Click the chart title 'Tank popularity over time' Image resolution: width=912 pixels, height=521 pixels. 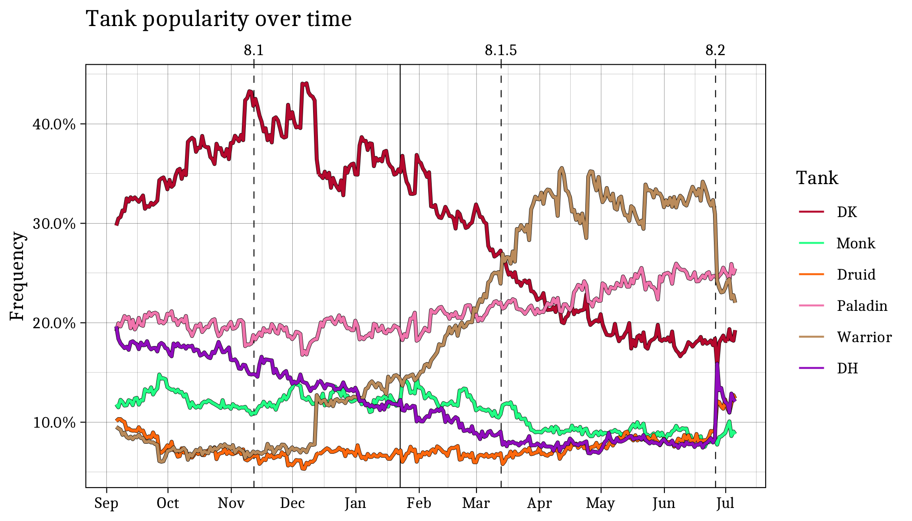(x=218, y=19)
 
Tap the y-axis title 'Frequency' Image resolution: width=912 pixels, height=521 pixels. (x=17, y=276)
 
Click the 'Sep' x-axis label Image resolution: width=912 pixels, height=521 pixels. (x=106, y=503)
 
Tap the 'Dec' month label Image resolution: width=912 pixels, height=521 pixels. (x=292, y=503)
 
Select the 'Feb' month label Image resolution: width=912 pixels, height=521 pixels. (x=419, y=503)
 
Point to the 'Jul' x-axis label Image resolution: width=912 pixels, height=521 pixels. (x=725, y=503)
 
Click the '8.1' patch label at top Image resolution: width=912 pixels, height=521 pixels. (x=254, y=51)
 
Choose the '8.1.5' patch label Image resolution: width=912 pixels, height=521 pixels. (x=501, y=51)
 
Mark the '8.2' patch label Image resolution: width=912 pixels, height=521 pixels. (x=715, y=51)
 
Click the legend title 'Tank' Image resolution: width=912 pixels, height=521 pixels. (x=817, y=178)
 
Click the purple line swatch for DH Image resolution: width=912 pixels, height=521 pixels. (x=811, y=368)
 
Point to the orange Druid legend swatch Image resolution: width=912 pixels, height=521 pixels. (x=811, y=274)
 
